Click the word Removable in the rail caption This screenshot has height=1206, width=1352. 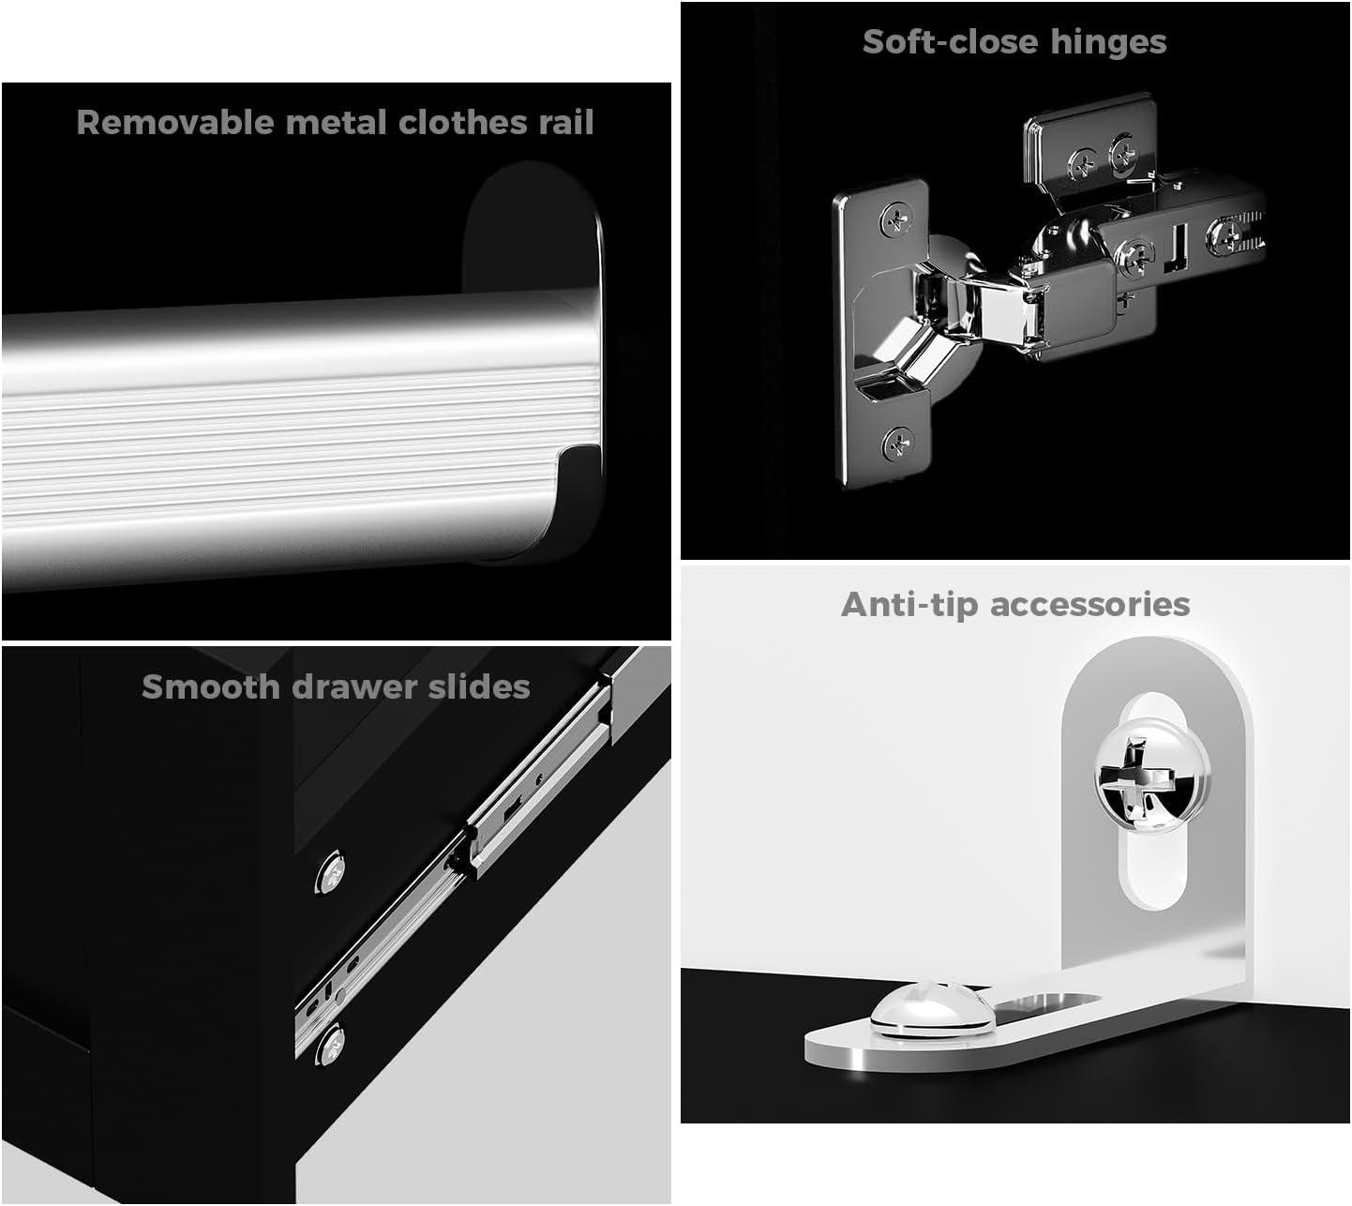click(x=175, y=123)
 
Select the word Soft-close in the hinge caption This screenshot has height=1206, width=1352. click(x=951, y=43)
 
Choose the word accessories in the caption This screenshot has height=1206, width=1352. click(x=1089, y=606)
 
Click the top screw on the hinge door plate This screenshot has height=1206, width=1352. click(x=895, y=219)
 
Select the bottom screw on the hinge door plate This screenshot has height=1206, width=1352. click(x=898, y=444)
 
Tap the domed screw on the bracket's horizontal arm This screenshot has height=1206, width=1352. click(x=932, y=1009)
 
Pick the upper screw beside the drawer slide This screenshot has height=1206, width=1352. click(x=330, y=871)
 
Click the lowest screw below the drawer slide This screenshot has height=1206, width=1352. click(x=330, y=1044)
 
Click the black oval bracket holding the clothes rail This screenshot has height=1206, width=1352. click(x=533, y=227)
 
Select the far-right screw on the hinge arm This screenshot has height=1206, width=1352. click(x=1224, y=235)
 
